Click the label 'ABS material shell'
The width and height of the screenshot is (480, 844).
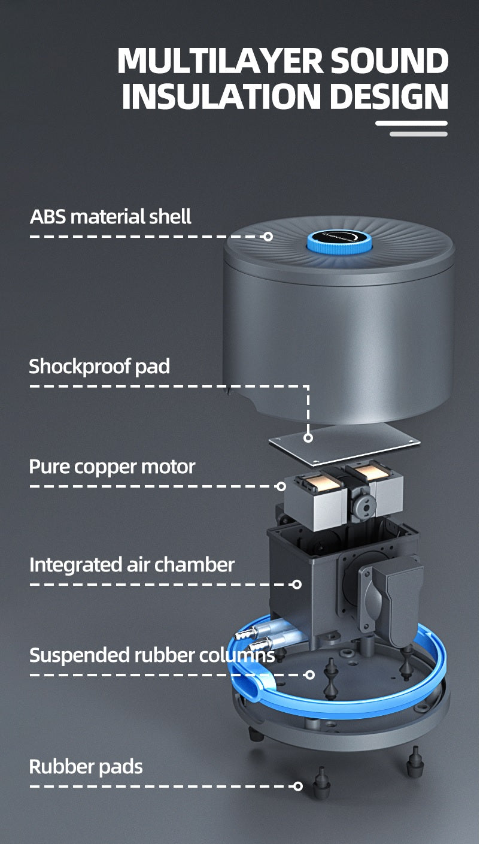pos(111,216)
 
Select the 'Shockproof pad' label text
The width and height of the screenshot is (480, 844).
pos(99,366)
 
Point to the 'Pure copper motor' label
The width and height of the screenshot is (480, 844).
pos(112,466)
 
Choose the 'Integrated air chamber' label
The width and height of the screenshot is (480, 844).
pos(132,564)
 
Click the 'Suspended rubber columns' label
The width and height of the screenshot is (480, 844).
pos(152,655)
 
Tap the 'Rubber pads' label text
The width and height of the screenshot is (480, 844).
pos(86,766)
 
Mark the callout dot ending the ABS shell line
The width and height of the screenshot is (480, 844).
pos(268,237)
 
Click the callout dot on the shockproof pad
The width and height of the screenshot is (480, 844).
pos(308,438)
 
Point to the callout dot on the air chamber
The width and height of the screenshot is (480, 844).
pos(297,584)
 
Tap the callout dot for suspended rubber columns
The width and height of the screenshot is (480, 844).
pos(309,675)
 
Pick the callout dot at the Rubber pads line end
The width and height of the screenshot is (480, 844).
pos(298,786)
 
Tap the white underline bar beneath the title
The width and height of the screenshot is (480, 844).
pos(411,123)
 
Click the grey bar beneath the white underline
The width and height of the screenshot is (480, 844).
pos(418,134)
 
